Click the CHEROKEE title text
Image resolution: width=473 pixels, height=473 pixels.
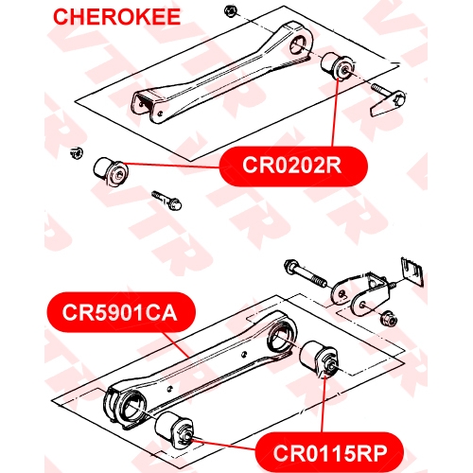[116, 17]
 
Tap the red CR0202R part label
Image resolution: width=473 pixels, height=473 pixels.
[293, 166]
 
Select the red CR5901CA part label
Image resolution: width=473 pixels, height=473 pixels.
[121, 312]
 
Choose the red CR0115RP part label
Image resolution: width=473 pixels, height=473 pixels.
[329, 453]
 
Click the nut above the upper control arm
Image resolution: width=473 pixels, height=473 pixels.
[231, 11]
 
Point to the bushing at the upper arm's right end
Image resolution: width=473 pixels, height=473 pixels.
[338, 66]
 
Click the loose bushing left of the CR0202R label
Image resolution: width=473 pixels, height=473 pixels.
[111, 171]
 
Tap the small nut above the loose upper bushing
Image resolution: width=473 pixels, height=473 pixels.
[77, 153]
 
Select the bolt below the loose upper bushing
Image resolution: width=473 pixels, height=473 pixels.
[166, 201]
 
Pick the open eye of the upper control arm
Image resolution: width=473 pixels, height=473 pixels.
[301, 44]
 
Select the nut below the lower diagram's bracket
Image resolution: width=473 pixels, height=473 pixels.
[389, 319]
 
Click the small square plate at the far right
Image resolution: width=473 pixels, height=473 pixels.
[412, 272]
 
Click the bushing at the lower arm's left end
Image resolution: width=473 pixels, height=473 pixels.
[174, 429]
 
